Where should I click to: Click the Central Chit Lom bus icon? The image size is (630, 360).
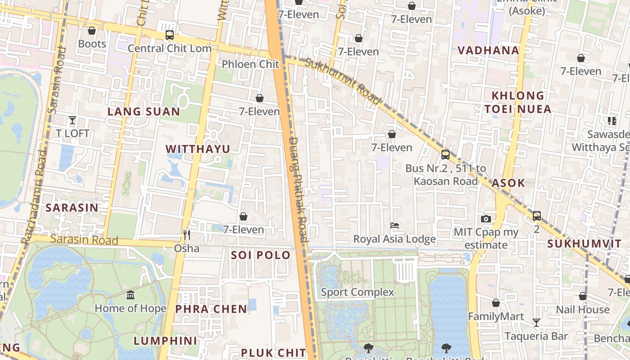(169, 35)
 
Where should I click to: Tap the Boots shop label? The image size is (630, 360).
(92, 44)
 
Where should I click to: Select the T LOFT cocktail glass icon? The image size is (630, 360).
(72, 120)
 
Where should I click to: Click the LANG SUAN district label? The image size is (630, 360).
(144, 112)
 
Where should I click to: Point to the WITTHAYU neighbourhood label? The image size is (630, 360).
(198, 149)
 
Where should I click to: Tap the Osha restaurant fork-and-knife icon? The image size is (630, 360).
(187, 234)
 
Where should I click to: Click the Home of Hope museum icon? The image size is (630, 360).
(130, 295)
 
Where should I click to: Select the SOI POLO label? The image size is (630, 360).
(261, 255)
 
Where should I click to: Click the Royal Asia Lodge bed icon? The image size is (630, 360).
(395, 225)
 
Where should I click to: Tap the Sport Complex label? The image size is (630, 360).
(357, 292)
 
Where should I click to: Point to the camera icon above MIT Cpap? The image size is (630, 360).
(486, 219)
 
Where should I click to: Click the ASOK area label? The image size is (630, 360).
(508, 183)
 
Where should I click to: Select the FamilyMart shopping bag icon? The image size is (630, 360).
(495, 303)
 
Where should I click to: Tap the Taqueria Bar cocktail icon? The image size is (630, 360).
(536, 322)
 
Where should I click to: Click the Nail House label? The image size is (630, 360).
(582, 310)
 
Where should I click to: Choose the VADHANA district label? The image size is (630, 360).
(488, 50)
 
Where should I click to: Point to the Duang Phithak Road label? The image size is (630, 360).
(297, 189)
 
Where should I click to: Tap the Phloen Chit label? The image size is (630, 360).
(250, 64)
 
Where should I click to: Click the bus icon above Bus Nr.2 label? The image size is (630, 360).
(445, 154)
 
